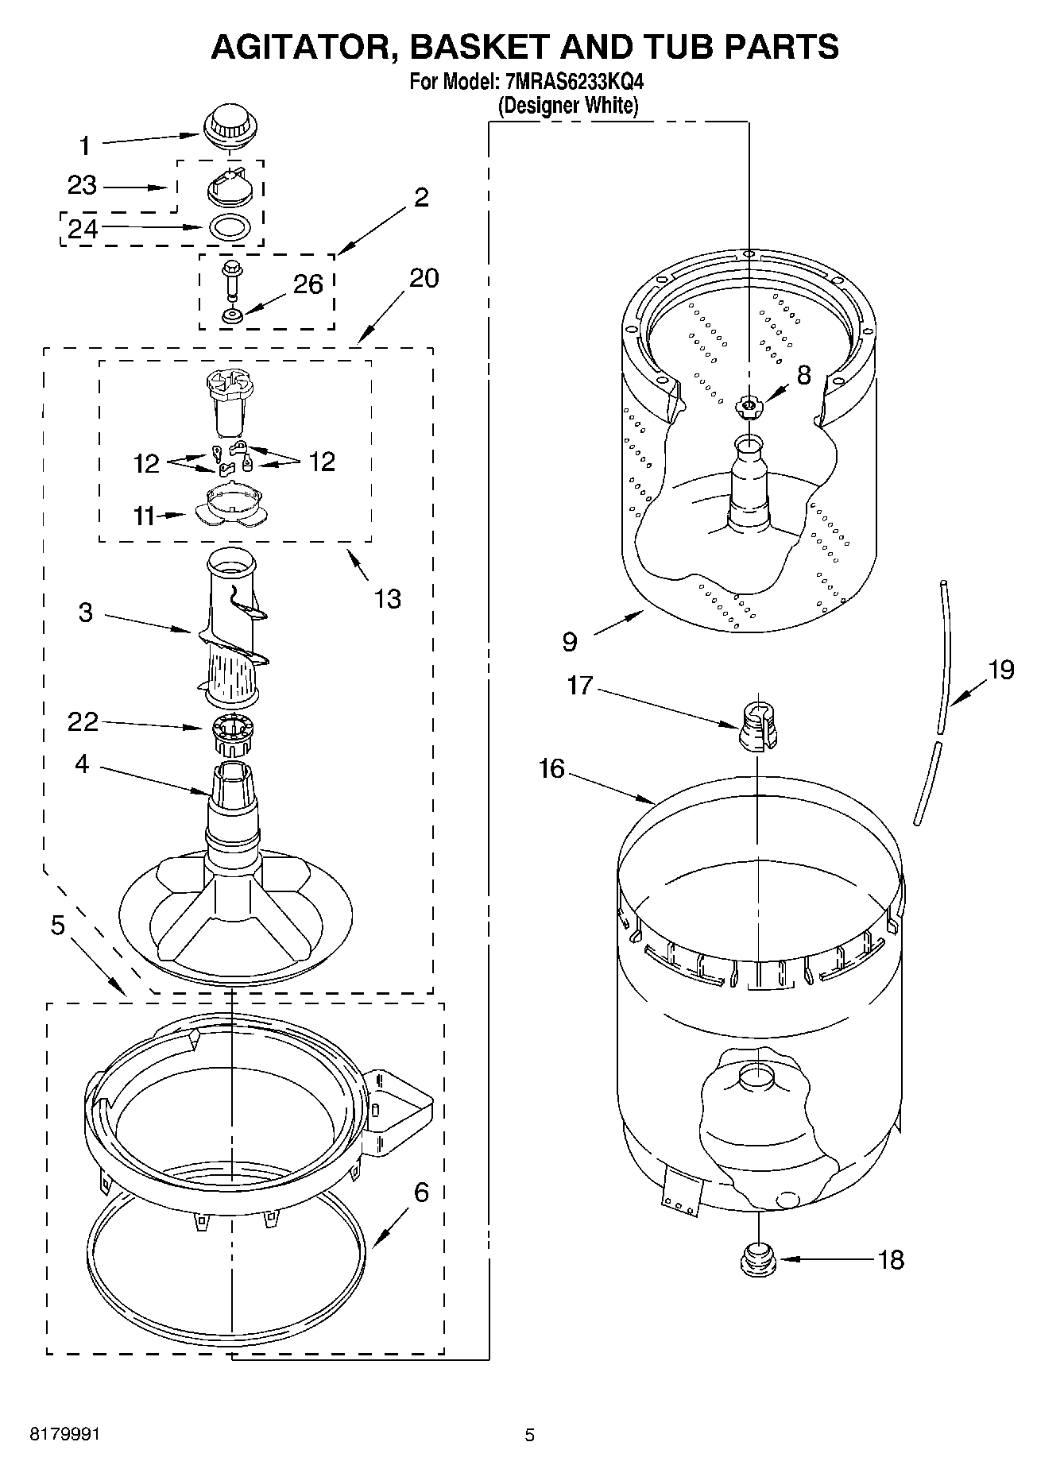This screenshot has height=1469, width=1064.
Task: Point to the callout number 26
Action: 308,284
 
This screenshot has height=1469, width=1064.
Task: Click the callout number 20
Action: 424,278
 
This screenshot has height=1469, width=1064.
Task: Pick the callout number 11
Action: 144,516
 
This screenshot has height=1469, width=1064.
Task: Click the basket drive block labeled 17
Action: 757,726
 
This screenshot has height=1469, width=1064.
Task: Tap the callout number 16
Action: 551,768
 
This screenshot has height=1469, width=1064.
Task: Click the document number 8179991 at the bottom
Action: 64,1435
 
